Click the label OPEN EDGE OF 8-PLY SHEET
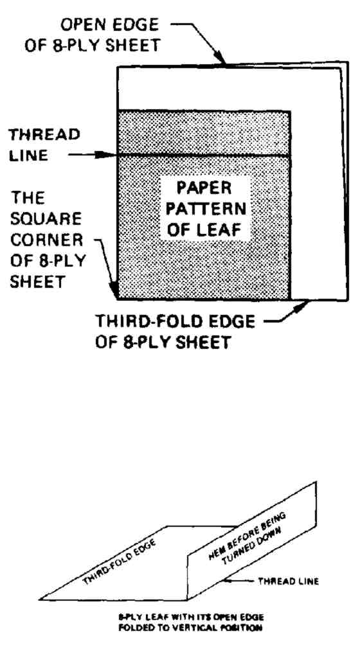coord(92,35)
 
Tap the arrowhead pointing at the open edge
coord(222,60)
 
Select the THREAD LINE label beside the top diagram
coord(44,145)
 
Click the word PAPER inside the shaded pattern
coord(204,188)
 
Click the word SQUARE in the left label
coord(46,218)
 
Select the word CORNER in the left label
coord(46,240)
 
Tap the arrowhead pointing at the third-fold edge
coord(303,305)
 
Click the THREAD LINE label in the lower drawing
coord(288,581)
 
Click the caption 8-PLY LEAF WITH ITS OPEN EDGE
coord(191,617)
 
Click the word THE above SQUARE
coord(27,198)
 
